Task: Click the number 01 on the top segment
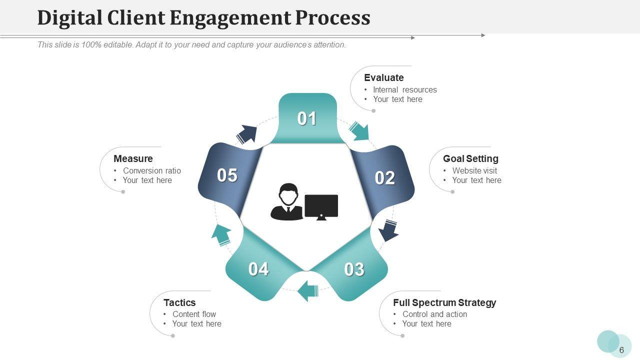click(307, 118)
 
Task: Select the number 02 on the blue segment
click(385, 178)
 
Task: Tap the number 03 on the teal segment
click(354, 269)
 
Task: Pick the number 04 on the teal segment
click(258, 269)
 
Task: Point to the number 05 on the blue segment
click(227, 175)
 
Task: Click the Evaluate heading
click(383, 77)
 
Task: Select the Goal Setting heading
click(470, 158)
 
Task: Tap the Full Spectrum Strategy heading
click(444, 302)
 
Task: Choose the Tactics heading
click(179, 302)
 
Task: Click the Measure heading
click(133, 158)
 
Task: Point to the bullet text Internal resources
click(404, 90)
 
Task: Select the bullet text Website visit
click(474, 170)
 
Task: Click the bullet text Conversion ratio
click(152, 170)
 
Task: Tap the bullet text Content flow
click(194, 314)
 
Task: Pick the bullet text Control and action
click(434, 314)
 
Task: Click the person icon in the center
click(287, 202)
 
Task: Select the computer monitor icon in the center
click(321, 206)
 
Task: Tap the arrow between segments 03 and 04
click(308, 290)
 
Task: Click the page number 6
click(621, 350)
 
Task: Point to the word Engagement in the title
click(229, 17)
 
